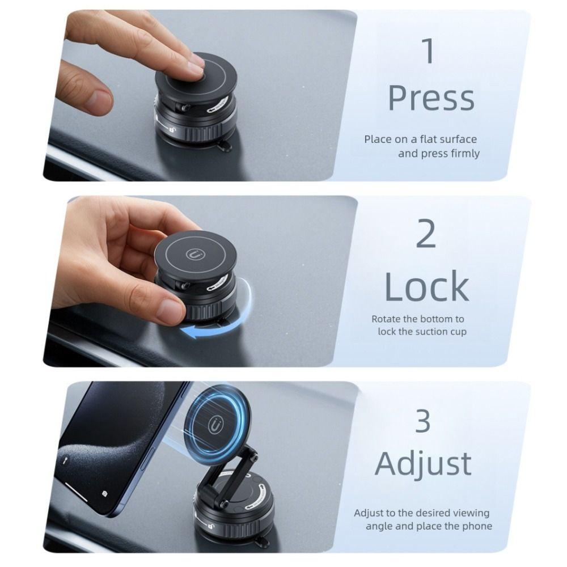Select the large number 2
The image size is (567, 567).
(426, 234)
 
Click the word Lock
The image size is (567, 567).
(426, 286)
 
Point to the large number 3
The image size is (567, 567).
(423, 421)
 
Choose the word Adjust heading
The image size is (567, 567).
(423, 464)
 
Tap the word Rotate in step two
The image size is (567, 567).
(387, 319)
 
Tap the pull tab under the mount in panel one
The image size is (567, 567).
(223, 147)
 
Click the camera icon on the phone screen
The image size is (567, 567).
(105, 494)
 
